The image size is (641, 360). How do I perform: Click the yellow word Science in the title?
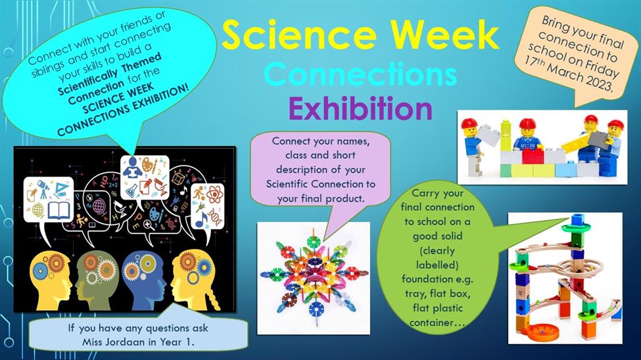click(x=299, y=35)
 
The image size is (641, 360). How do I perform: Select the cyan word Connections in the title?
click(x=360, y=74)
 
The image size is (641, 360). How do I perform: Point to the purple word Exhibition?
click(x=360, y=108)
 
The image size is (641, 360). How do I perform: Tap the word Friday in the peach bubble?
click(x=602, y=68)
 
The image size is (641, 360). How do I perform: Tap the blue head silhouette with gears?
click(x=144, y=281)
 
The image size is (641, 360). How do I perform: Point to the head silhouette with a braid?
click(x=195, y=281)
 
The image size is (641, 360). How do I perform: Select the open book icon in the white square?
click(x=59, y=210)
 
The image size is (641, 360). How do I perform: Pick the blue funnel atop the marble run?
click(x=578, y=220)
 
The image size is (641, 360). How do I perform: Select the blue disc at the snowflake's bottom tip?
click(x=316, y=309)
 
